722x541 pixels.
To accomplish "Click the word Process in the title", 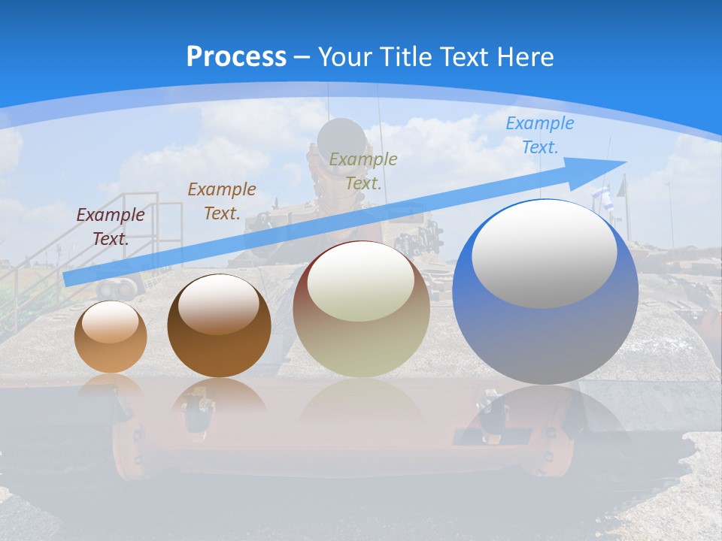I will (236, 57).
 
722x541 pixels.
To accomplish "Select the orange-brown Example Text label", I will (222, 201).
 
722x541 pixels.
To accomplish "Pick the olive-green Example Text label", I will (363, 171).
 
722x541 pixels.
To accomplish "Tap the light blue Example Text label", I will (540, 135).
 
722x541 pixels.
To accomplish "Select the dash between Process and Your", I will (302, 57).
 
